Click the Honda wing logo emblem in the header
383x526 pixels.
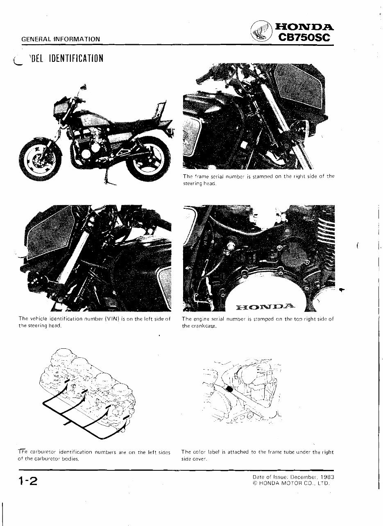(x=261, y=32)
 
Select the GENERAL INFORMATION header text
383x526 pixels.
(x=61, y=39)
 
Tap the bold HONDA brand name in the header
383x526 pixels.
(x=305, y=27)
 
